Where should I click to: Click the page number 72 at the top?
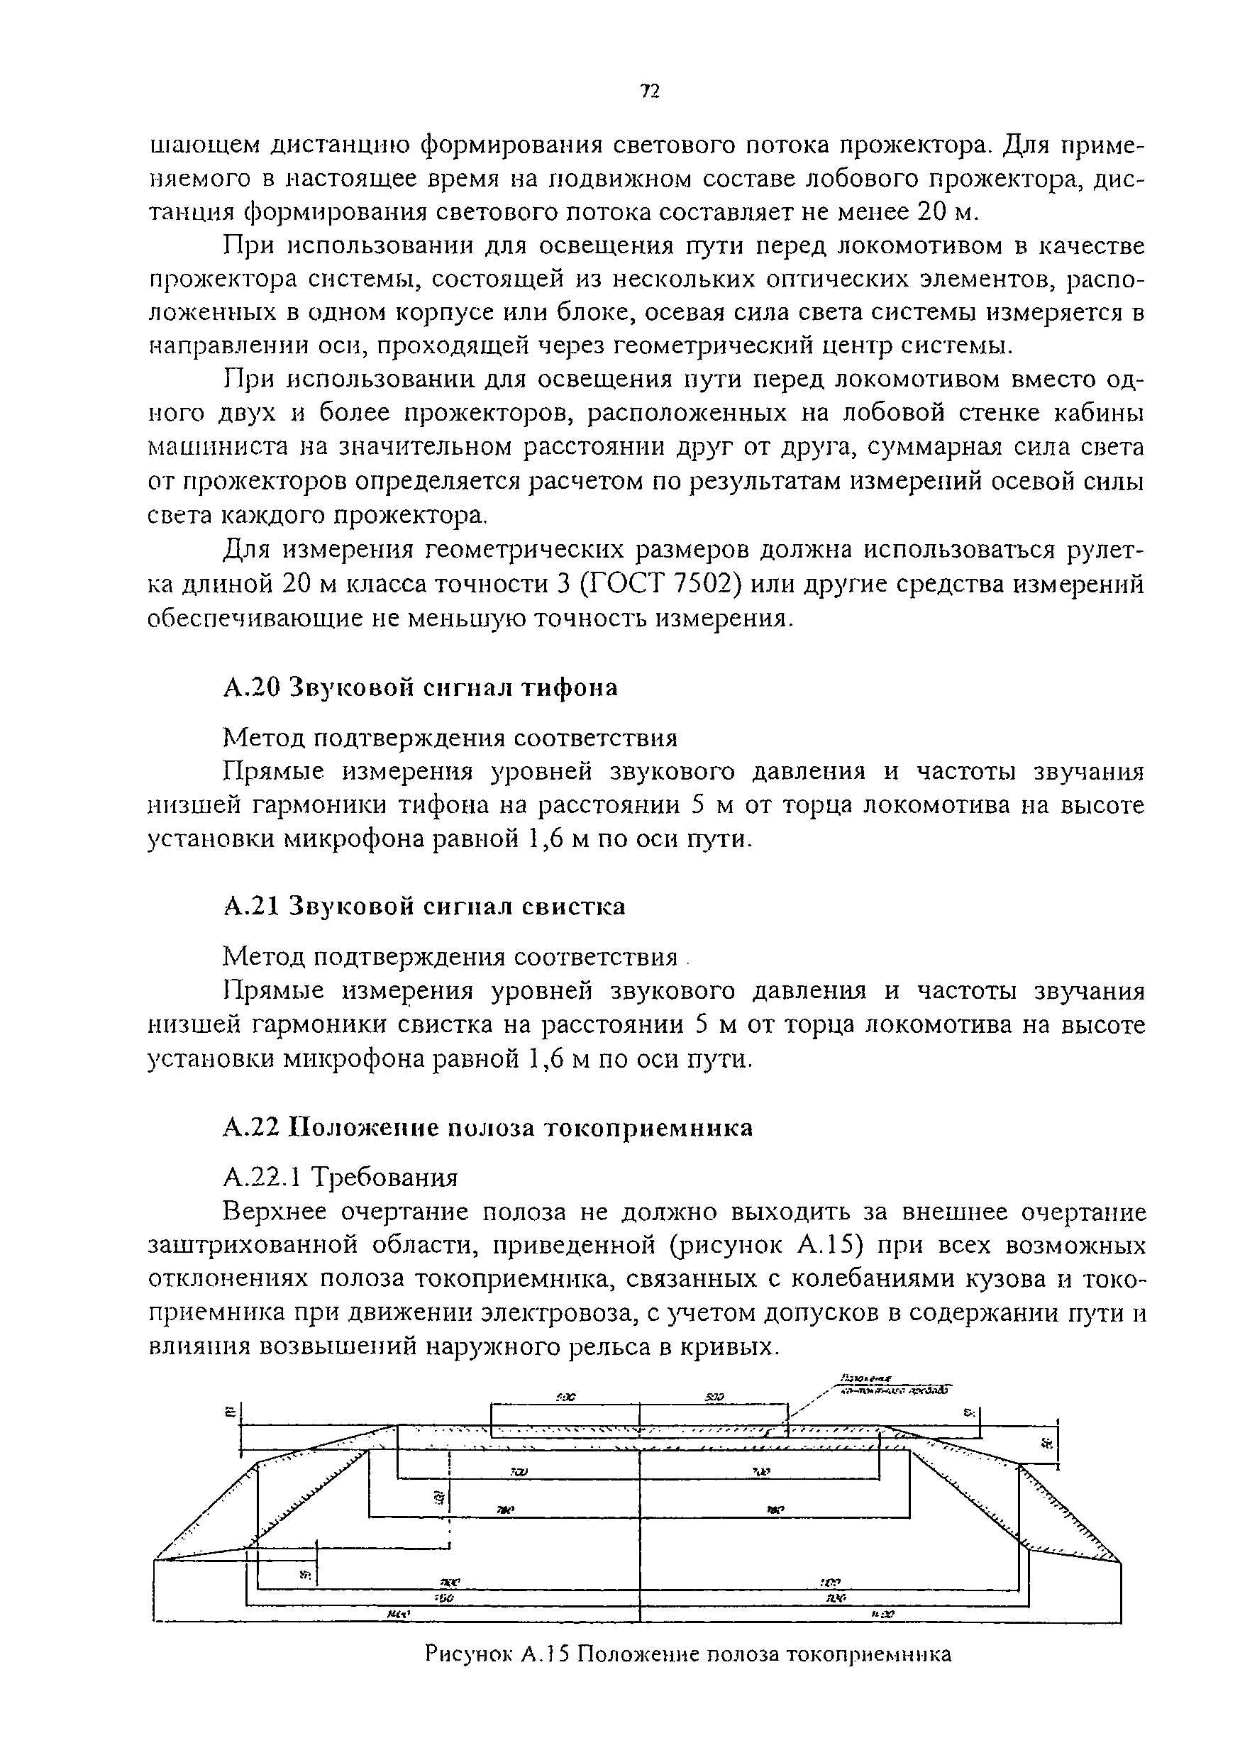point(649,92)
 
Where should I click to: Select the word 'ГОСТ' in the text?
point(624,584)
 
